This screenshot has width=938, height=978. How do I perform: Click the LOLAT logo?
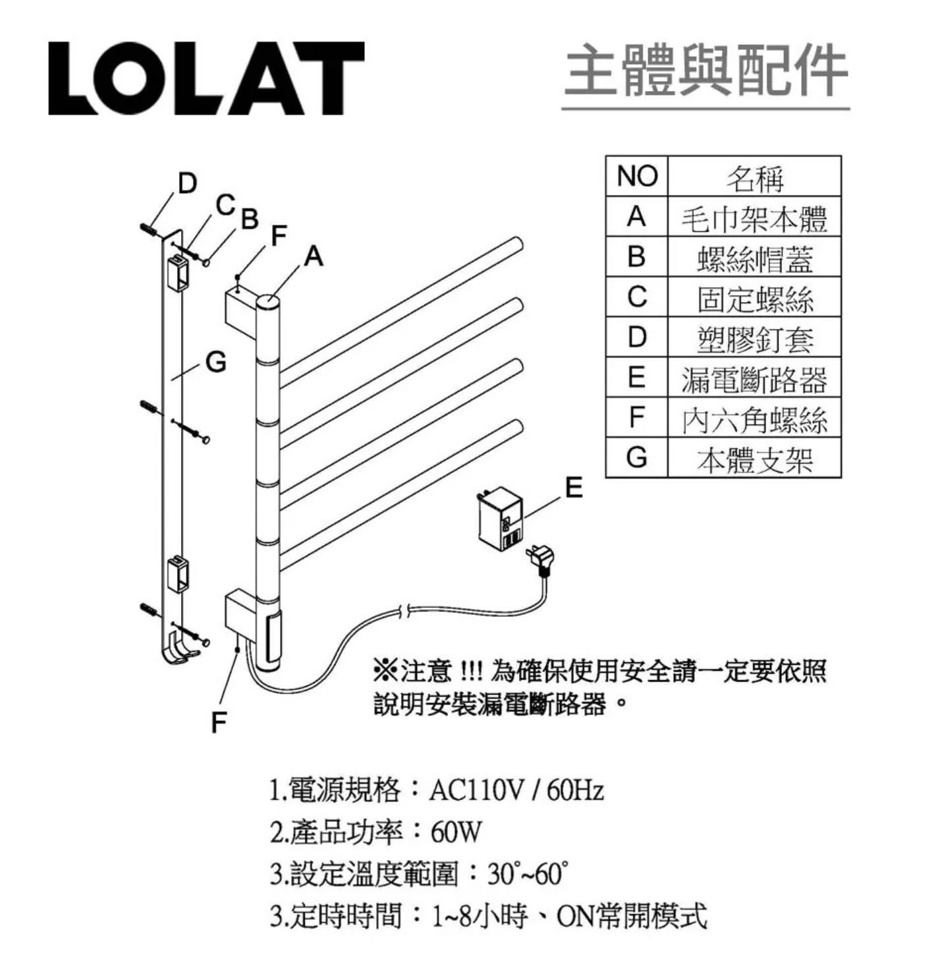click(x=206, y=78)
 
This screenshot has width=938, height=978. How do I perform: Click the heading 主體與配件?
click(x=706, y=70)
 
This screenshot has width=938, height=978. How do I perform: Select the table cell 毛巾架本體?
click(x=754, y=217)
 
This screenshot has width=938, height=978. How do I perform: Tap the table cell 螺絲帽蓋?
click(x=754, y=257)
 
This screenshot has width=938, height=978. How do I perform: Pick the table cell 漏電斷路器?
click(x=754, y=378)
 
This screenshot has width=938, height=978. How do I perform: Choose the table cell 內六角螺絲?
click(x=754, y=418)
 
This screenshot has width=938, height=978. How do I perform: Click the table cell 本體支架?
click(x=754, y=458)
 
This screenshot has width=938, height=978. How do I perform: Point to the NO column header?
click(x=636, y=176)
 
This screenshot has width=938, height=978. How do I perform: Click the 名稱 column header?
click(x=754, y=176)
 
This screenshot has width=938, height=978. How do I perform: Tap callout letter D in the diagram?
click(x=187, y=183)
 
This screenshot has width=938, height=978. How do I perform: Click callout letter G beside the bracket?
click(x=215, y=362)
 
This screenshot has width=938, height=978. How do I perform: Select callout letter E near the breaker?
click(x=574, y=487)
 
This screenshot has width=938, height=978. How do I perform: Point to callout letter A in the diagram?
click(x=314, y=256)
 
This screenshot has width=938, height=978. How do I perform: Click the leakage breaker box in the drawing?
click(x=500, y=517)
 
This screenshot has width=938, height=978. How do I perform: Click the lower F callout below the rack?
click(x=219, y=723)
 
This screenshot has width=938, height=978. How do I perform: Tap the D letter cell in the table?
click(x=636, y=337)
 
